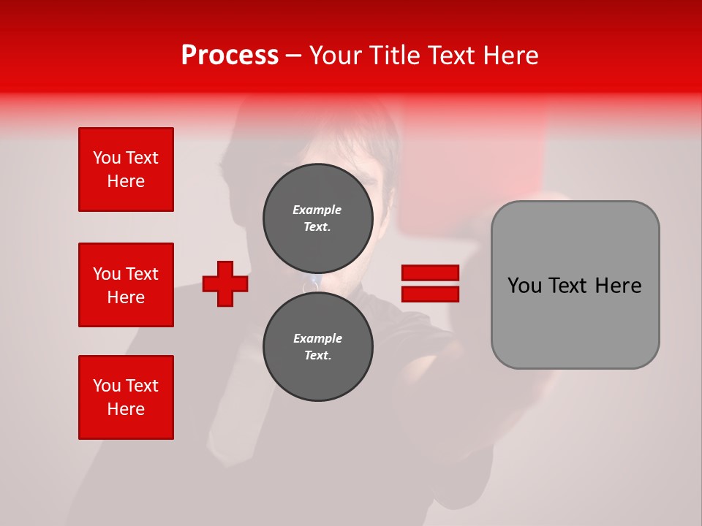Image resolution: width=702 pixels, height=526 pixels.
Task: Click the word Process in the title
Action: point(230,56)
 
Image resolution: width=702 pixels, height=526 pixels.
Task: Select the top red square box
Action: point(126,169)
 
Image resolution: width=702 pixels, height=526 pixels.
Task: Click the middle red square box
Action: point(126,285)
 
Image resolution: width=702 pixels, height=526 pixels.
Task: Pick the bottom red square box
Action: point(126,397)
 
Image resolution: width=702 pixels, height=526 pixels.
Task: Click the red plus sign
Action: point(225,283)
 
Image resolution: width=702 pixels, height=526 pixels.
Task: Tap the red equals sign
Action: point(430,283)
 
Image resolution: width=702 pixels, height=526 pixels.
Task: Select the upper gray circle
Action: point(318,218)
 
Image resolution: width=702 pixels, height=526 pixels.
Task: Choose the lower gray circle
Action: point(318,347)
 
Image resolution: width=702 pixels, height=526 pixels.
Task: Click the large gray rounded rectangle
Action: point(575,285)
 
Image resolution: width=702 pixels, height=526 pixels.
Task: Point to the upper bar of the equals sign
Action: point(430,273)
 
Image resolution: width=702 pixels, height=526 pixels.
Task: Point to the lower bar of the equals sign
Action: point(430,294)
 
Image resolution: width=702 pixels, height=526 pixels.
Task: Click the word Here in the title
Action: point(510,56)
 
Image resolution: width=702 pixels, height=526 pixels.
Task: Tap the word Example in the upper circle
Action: point(317,210)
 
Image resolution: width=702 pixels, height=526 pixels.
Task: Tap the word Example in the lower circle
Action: point(317,338)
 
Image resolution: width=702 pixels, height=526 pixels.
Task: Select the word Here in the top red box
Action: point(126,181)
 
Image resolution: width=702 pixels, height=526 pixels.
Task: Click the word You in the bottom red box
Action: point(105,386)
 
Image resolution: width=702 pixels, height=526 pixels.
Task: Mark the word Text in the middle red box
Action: point(142,274)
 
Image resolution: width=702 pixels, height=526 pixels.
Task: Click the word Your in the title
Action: point(336,56)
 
